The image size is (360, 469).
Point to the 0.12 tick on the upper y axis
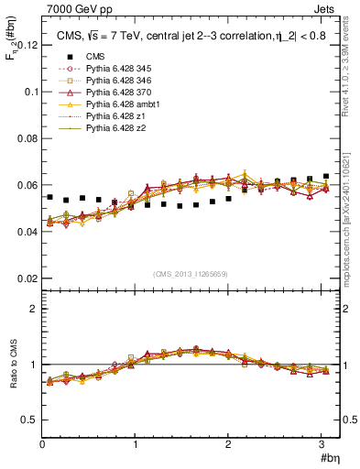(x=27, y=45)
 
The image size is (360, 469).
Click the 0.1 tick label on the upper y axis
(x=30, y=92)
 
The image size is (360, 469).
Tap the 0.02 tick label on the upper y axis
(x=27, y=278)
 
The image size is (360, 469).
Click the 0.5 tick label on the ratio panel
(x=30, y=420)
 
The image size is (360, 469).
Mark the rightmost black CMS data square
(x=326, y=176)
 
